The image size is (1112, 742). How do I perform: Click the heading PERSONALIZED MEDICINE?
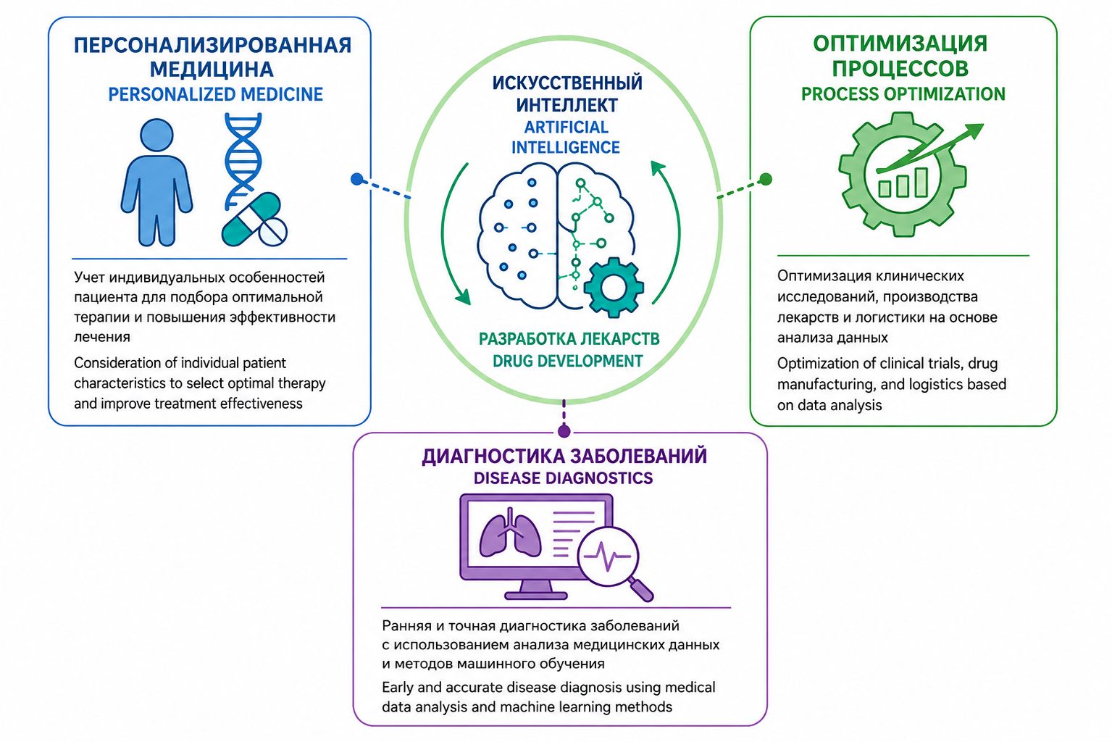tap(215, 94)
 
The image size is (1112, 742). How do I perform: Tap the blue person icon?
tap(157, 183)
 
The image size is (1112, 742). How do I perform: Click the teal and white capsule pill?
tap(251, 219)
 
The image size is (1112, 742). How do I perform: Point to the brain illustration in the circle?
tap(556, 236)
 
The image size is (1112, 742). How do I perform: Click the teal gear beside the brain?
tap(614, 287)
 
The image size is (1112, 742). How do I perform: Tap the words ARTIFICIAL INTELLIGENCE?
tap(566, 137)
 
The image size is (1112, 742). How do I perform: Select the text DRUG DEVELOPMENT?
tap(567, 361)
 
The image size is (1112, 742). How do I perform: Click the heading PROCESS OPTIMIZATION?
tap(903, 94)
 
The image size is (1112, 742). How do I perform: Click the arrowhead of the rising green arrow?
tap(974, 131)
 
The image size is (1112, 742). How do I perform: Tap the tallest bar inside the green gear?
tap(921, 183)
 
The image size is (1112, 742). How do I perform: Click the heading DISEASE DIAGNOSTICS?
tap(563, 478)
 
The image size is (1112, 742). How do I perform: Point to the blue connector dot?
tap(357, 179)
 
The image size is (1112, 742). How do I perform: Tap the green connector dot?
tap(766, 179)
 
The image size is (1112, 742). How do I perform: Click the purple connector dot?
tap(564, 431)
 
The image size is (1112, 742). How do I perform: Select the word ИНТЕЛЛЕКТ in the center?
tap(567, 105)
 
